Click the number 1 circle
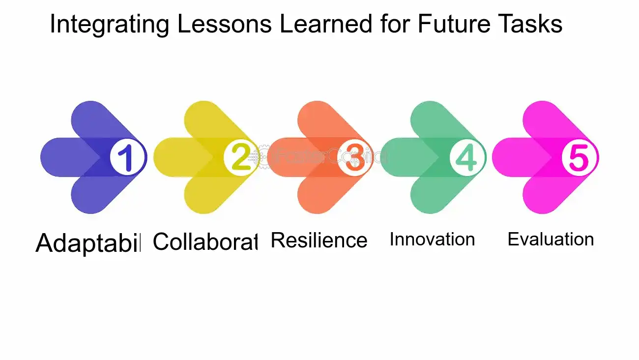click(x=128, y=157)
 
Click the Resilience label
click(x=319, y=240)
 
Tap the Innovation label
click(x=432, y=240)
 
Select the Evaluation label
click(x=551, y=240)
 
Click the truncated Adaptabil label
click(x=88, y=243)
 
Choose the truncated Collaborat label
click(x=205, y=241)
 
